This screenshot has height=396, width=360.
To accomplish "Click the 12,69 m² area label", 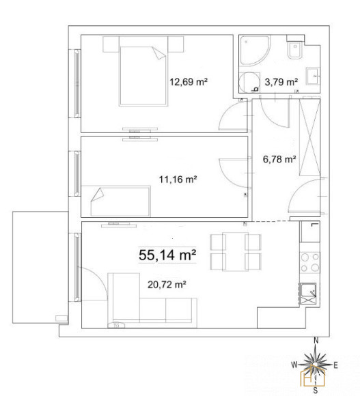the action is pos(189,82).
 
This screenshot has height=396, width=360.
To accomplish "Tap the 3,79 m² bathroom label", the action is pos(281,82).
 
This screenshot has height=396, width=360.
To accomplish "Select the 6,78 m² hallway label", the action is pos(279,159).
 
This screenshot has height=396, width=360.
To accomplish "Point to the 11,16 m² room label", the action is pos(178,180).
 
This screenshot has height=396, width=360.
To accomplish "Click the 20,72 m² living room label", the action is pos(167,285).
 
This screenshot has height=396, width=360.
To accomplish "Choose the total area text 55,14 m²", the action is pos(167,255).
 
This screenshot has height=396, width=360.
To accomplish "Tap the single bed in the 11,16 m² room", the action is pos(120,201).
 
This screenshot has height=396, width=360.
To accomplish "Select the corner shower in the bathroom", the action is pos(255,51).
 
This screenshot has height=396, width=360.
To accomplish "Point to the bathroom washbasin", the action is pos(314,76).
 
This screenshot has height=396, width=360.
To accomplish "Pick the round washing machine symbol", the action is pos(249,83).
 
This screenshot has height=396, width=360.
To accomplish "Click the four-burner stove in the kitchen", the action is pos(310,263).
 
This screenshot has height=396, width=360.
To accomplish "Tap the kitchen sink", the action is pos(307,294).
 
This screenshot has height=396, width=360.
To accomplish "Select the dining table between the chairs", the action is pos(235,251).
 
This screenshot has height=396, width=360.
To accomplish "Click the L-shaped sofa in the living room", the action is pos(152,300).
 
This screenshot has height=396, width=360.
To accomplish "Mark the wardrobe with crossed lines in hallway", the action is pos(309,137).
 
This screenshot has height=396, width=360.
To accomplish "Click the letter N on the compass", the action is pos(316,341).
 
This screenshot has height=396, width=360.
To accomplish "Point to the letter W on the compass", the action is pos(294,365).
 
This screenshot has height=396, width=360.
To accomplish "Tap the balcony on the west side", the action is pos(40,267).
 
